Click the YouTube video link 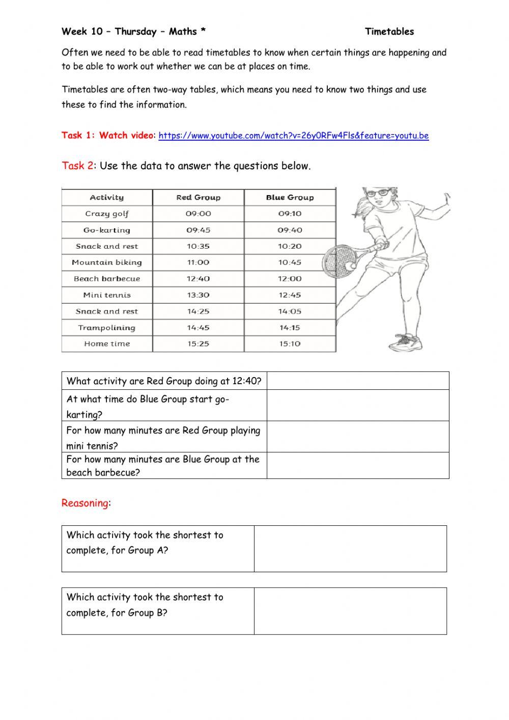[294, 136]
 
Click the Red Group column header [198, 198]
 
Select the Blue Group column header [290, 198]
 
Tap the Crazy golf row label [107, 214]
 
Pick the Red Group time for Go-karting [198, 230]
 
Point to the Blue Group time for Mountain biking [290, 262]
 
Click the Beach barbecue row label [107, 279]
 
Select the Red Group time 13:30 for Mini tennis [198, 295]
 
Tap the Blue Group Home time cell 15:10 [290, 344]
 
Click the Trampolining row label [107, 328]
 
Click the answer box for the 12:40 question [358, 381]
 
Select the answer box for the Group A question [350, 549]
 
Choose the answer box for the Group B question [350, 611]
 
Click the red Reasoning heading [84, 503]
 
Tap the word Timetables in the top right [389, 32]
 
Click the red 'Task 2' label [77, 166]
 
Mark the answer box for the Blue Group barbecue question [358, 466]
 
